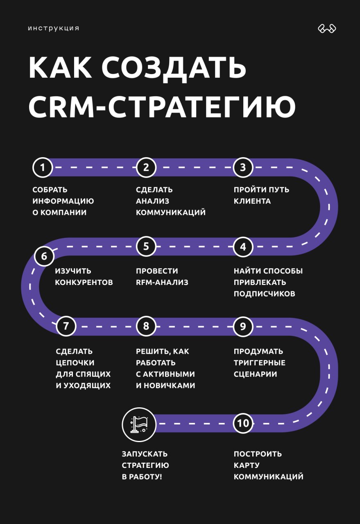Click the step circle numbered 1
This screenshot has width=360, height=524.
[43, 167]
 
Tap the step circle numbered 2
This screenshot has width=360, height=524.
[146, 167]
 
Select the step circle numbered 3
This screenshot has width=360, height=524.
[243, 167]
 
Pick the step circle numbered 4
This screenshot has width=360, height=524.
[243, 247]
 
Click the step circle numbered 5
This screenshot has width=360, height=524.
[146, 247]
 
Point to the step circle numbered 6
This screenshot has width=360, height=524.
[44, 257]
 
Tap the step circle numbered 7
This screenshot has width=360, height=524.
[66, 326]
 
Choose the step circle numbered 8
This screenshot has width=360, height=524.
[146, 326]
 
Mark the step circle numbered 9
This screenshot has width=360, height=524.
[243, 326]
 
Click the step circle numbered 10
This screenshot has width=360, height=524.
[243, 423]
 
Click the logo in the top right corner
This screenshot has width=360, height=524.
[327, 29]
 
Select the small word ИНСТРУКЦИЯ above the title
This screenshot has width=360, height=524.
[54, 29]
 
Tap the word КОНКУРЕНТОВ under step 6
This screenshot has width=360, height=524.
[84, 282]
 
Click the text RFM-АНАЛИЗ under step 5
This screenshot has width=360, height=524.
[162, 282]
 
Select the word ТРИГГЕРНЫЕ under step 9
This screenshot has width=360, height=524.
[260, 363]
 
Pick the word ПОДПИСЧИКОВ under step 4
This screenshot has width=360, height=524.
[264, 294]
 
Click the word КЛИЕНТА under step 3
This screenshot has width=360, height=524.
[252, 201]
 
